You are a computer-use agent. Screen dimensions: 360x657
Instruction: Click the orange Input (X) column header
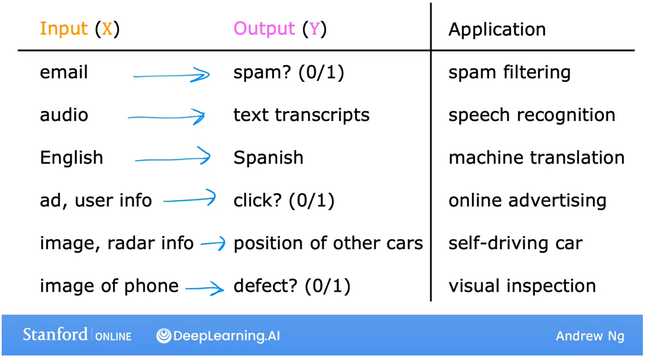tap(80, 29)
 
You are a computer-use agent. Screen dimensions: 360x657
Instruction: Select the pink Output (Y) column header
tap(280, 29)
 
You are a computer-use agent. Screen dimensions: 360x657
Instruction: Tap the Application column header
tap(497, 29)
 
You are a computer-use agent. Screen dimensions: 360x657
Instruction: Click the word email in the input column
tap(64, 72)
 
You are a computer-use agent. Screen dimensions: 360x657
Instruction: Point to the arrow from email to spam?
tap(171, 75)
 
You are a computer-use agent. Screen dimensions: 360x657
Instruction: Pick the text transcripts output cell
tap(301, 115)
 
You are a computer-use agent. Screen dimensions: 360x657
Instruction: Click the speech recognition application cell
tap(531, 115)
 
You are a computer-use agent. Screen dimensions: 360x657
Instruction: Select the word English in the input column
tap(71, 158)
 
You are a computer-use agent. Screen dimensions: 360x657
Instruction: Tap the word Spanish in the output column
tap(268, 158)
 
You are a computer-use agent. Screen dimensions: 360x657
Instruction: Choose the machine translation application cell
tap(536, 158)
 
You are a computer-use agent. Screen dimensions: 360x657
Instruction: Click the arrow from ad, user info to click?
tap(189, 199)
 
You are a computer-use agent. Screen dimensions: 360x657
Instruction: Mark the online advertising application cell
tap(527, 201)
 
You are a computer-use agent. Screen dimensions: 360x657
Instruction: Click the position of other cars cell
tap(328, 243)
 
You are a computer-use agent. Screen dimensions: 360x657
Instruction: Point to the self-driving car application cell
tap(515, 243)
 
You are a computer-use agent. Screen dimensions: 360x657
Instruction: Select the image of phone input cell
tap(109, 286)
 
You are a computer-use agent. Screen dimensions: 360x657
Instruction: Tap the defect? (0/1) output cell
tap(292, 286)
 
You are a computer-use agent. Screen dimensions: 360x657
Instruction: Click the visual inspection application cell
tap(522, 286)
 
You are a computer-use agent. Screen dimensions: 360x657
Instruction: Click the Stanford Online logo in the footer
tap(77, 335)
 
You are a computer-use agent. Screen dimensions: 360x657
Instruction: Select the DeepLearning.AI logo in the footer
tap(218, 336)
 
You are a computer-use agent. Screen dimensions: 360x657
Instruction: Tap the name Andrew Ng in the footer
tap(590, 336)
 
